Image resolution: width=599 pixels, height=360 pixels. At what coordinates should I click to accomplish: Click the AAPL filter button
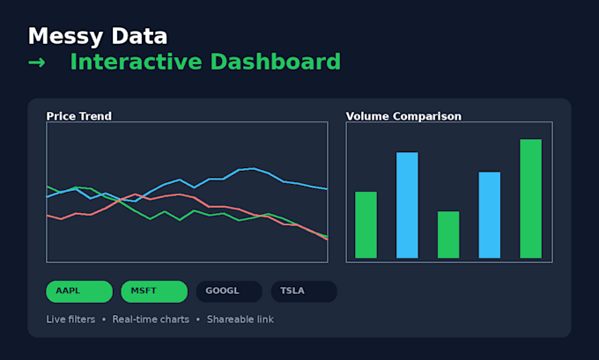click(79, 291)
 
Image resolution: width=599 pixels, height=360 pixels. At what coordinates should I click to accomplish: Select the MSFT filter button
click(154, 291)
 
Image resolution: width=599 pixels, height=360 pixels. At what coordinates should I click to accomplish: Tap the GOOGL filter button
click(229, 291)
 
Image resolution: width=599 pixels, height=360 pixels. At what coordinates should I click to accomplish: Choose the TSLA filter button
click(304, 291)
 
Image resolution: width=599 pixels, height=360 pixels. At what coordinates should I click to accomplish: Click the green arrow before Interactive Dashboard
click(37, 62)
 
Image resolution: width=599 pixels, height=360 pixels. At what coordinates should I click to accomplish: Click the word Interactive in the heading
click(136, 62)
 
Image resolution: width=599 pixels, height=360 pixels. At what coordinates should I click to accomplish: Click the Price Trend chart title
click(78, 116)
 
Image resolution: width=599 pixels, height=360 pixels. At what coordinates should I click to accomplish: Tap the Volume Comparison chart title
click(403, 116)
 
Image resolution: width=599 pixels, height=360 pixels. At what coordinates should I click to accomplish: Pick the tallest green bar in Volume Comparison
click(530, 199)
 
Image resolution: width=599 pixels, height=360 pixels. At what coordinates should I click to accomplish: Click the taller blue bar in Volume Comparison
click(407, 205)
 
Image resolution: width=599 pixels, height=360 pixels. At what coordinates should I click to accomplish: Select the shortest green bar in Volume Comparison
click(448, 234)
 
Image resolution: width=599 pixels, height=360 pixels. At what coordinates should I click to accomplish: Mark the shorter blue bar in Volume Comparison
click(490, 215)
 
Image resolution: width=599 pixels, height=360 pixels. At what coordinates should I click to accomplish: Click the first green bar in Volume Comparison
click(366, 224)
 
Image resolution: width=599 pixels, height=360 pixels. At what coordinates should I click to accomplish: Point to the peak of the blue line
click(253, 168)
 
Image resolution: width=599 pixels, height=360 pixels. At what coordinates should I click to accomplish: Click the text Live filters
click(70, 320)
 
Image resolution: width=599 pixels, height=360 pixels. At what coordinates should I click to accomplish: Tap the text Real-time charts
click(151, 320)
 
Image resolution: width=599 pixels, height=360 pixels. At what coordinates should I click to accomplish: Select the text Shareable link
click(240, 320)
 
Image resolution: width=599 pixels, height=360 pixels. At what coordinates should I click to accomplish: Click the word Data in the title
click(139, 36)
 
